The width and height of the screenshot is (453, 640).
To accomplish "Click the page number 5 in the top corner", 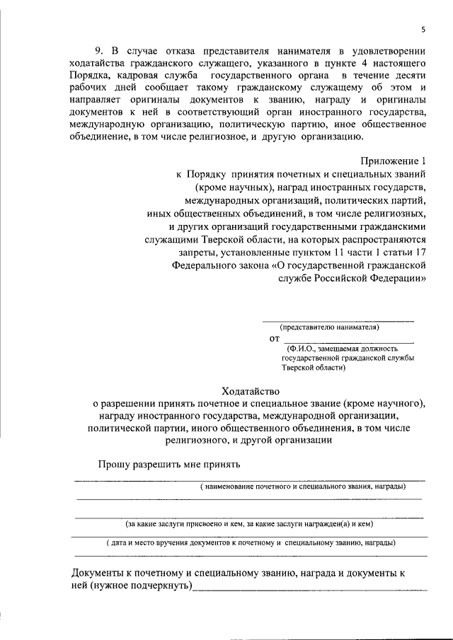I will [423, 29].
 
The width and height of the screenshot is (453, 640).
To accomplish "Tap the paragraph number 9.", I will [100, 51].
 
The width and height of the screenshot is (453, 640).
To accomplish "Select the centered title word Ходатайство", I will [251, 390].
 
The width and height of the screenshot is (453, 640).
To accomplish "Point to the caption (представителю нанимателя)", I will [329, 327].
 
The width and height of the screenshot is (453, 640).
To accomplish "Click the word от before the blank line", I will [275, 339].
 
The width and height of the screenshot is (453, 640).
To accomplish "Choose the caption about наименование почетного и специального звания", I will [302, 488].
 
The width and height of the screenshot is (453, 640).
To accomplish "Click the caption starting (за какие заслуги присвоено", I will [249, 524].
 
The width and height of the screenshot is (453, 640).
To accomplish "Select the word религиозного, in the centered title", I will [197, 441].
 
